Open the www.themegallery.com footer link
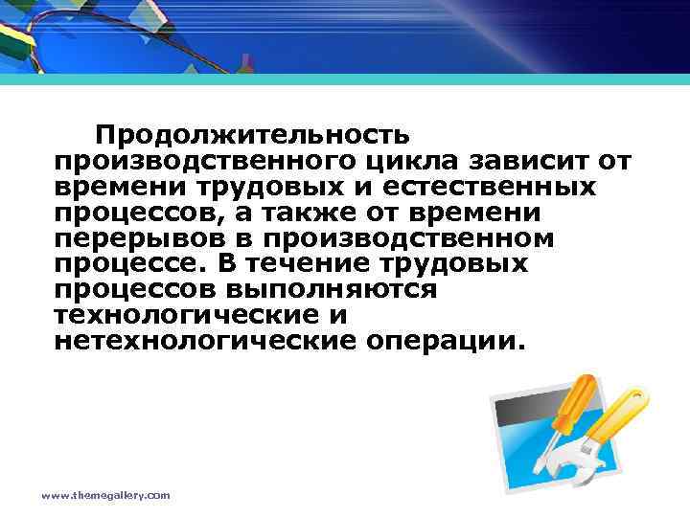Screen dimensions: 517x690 (105, 495)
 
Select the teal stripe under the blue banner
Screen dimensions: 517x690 (345, 82)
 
